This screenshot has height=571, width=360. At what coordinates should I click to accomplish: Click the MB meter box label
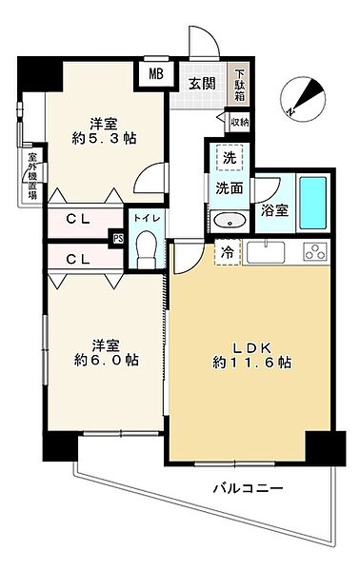(156, 74)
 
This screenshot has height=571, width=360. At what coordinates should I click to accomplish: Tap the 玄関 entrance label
(202, 84)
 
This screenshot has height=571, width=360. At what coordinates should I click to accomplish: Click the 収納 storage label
(240, 123)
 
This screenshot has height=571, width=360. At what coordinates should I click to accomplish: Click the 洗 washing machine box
(230, 158)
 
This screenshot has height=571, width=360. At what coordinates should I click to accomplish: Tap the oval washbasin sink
(230, 221)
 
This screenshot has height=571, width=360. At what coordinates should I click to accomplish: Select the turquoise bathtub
(312, 203)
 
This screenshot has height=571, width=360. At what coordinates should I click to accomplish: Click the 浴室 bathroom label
(274, 210)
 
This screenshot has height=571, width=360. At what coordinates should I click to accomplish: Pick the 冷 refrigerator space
(229, 252)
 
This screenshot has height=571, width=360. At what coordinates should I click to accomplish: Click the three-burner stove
(315, 251)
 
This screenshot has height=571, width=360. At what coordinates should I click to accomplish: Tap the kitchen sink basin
(266, 252)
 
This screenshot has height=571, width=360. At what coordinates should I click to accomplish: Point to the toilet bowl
(146, 249)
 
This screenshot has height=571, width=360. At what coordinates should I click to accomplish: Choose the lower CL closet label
(78, 259)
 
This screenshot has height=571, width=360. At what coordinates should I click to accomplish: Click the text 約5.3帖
(104, 138)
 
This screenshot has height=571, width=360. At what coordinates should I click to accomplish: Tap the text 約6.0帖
(107, 360)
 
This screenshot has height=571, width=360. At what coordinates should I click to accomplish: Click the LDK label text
(252, 348)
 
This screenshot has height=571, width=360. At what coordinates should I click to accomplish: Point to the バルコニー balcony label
(249, 488)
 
